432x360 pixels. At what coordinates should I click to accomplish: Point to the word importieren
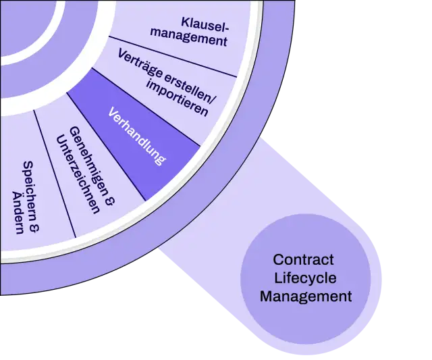click(177, 99)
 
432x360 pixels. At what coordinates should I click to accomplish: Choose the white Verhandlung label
click(136, 136)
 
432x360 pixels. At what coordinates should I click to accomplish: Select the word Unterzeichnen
click(78, 174)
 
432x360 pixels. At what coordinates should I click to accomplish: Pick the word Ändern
click(18, 212)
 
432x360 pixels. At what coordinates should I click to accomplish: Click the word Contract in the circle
click(303, 259)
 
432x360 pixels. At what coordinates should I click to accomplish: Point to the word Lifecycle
click(305, 278)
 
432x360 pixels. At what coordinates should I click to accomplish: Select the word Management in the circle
click(306, 297)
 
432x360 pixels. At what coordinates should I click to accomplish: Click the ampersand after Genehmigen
click(109, 201)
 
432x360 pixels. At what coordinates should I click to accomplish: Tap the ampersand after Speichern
click(34, 226)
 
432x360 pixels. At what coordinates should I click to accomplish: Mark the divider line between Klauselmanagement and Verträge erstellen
click(173, 57)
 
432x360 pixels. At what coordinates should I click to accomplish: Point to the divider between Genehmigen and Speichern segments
click(55, 174)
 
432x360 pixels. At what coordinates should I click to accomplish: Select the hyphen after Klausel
click(227, 28)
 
